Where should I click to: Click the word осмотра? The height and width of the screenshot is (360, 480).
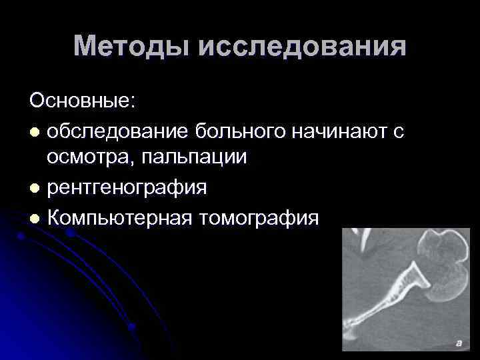pos(85,158)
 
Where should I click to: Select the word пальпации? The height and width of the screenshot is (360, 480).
pos(190,158)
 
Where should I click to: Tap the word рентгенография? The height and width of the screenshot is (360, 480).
pos(127,188)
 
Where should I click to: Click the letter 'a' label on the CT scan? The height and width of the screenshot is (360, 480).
pos(458,343)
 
